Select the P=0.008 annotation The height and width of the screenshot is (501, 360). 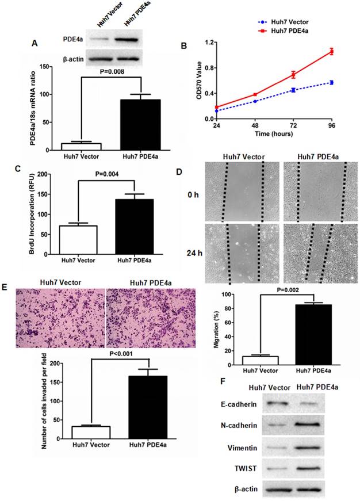point(120,71)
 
